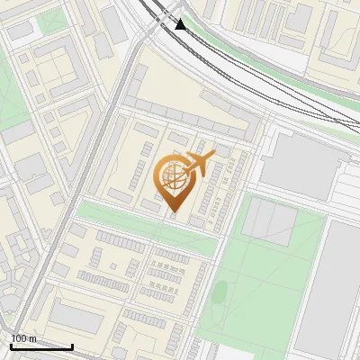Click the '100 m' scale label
(23, 338)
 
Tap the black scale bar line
(41, 346)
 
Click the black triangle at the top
(181, 24)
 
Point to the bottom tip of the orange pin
(174, 212)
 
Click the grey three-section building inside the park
(269, 220)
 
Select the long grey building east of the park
(338, 288)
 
